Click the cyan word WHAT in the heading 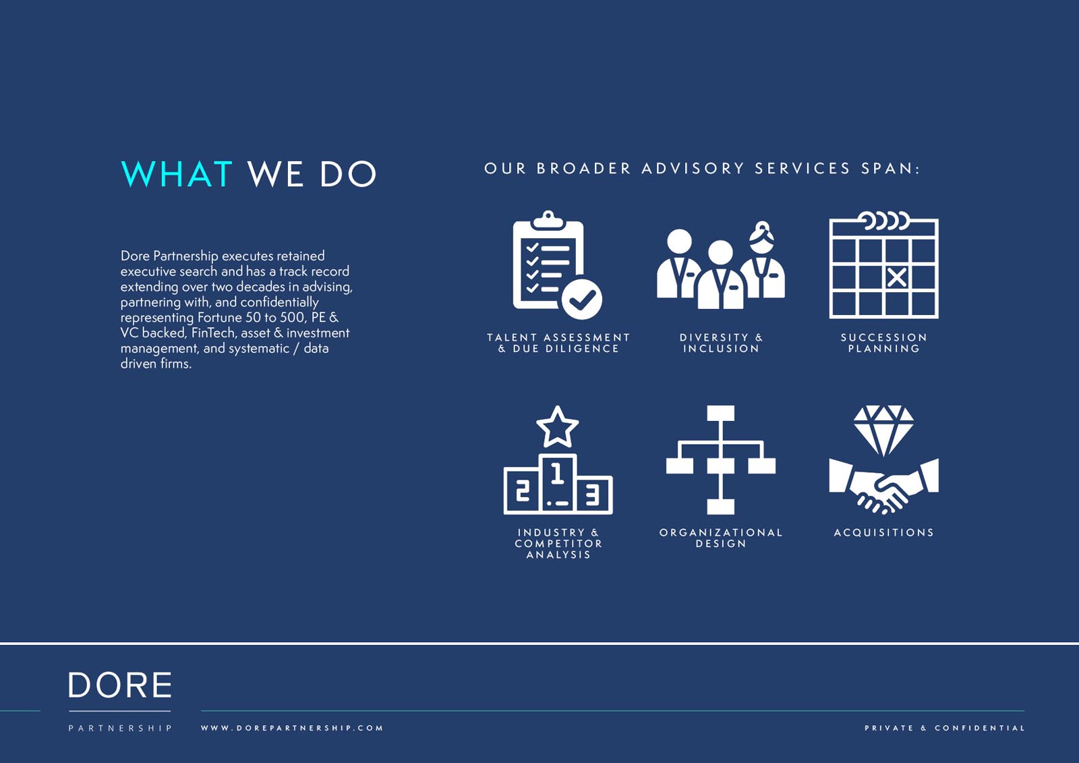pyautogui.click(x=176, y=173)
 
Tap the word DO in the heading pyautogui.click(x=348, y=173)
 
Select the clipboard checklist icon pyautogui.click(x=557, y=264)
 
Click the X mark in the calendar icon pyautogui.click(x=896, y=278)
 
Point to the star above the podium pyautogui.click(x=557, y=426)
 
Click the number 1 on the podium pyautogui.click(x=557, y=473)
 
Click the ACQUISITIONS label pyautogui.click(x=884, y=532)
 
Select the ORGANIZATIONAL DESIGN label pyautogui.click(x=721, y=538)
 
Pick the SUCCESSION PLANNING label pyautogui.click(x=884, y=343)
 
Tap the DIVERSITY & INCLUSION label pyautogui.click(x=721, y=343)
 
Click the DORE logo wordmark pyautogui.click(x=120, y=685)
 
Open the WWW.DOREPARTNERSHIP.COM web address pyautogui.click(x=292, y=728)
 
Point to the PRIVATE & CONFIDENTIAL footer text pyautogui.click(x=945, y=728)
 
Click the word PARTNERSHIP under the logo pyautogui.click(x=120, y=728)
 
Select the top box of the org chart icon pyautogui.click(x=721, y=413)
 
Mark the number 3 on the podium pyautogui.click(x=592, y=495)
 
